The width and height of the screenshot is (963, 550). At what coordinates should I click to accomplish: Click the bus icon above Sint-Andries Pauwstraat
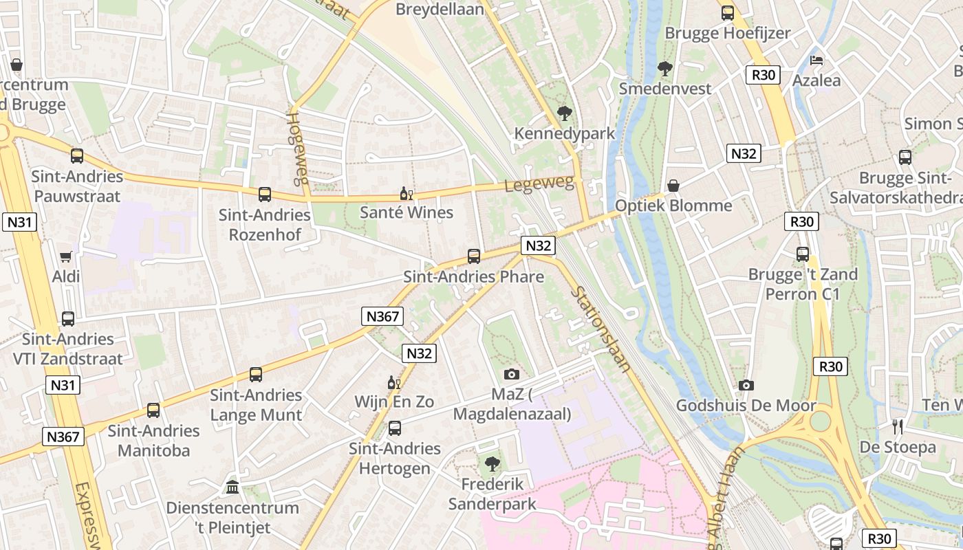pos(77,156)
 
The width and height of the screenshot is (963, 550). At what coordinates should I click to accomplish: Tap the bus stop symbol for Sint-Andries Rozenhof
pos(265,195)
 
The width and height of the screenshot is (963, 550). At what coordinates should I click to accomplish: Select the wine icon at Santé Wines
pos(407,193)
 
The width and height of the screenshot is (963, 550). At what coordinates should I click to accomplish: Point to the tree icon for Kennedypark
pos(565,113)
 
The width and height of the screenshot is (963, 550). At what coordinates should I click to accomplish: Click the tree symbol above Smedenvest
pos(664,69)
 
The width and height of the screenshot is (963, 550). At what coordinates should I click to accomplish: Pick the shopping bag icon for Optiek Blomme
pos(673,186)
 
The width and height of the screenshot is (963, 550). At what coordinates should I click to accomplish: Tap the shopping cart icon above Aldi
pos(66,256)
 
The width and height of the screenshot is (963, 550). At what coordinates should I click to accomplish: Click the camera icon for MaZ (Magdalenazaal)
pos(512,374)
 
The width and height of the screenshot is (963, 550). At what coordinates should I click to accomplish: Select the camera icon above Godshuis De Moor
pos(746,386)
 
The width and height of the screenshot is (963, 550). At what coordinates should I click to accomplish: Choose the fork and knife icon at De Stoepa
pos(898,427)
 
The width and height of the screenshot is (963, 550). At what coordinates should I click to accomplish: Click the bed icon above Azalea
pos(816,60)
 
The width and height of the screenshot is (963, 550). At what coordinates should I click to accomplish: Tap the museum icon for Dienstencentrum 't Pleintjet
pos(232,487)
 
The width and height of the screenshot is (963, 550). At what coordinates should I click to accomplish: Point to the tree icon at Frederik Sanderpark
pos(492,464)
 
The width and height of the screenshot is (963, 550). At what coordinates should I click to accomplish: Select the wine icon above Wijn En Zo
pos(394,382)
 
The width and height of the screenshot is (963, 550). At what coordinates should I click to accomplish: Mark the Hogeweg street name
pos(296,148)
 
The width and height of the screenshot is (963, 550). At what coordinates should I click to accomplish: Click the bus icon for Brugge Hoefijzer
pos(727,12)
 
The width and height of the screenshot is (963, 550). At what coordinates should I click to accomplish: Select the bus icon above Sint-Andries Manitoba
pos(153,410)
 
